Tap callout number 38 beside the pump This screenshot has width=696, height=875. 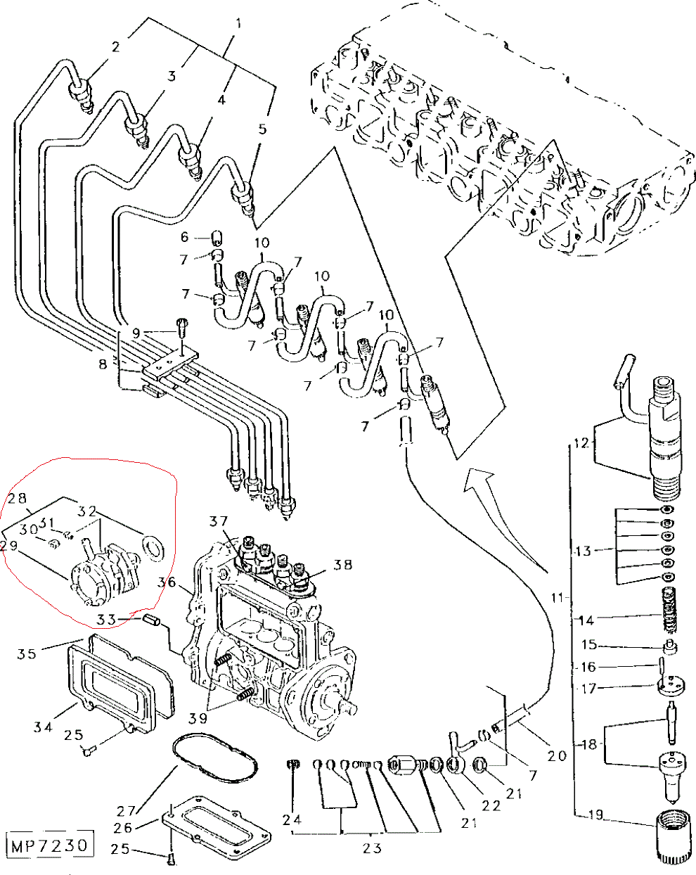342,565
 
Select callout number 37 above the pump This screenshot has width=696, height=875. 219,521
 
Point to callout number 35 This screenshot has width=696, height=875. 27,653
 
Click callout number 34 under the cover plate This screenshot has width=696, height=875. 44,726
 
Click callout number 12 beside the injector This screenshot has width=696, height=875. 580,443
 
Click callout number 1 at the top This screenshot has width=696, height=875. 238,24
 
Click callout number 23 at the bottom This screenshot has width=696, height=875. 371,847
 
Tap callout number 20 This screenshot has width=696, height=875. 557,755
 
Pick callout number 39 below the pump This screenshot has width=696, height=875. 198,717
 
